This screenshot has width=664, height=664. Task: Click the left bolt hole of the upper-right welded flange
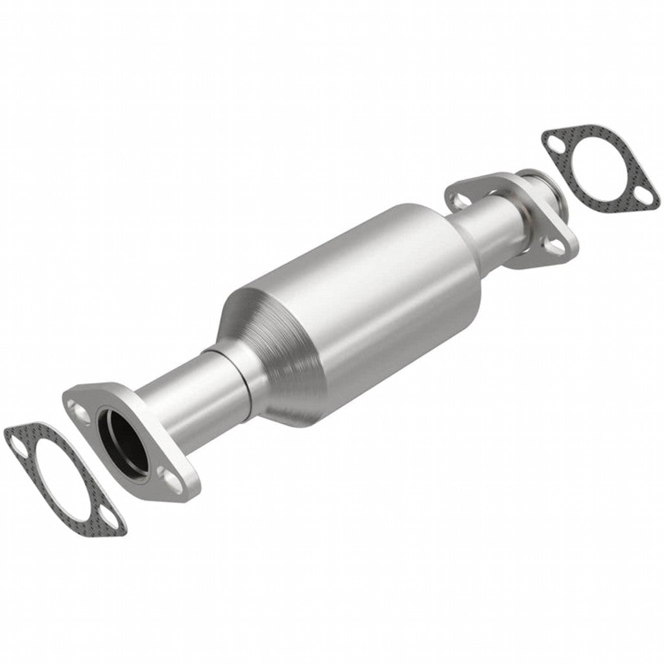[459, 199]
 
